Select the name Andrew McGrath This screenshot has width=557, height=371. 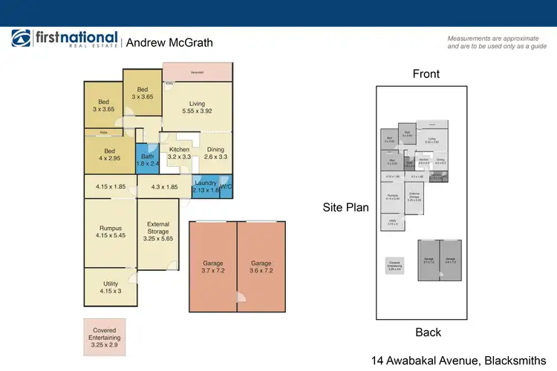[169, 42]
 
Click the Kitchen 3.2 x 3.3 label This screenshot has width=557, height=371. [179, 153]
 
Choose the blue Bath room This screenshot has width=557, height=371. [147, 160]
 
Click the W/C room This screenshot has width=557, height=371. [226, 188]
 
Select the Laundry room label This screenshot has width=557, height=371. [205, 186]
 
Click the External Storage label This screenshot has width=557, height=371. [158, 232]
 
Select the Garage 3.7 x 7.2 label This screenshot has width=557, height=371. [212, 267]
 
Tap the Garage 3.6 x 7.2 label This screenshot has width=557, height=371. [261, 267]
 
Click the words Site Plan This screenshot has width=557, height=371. [345, 208]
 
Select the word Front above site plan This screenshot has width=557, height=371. [426, 74]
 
